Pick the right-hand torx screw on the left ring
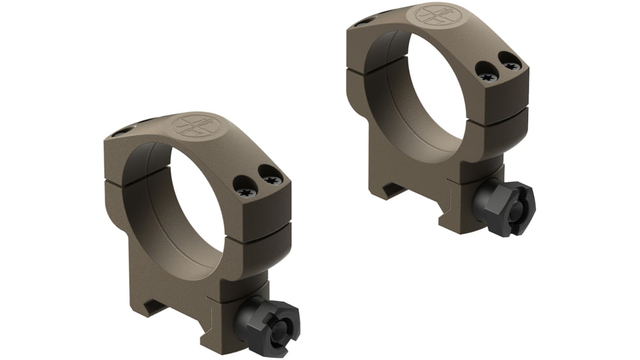[271, 175]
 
